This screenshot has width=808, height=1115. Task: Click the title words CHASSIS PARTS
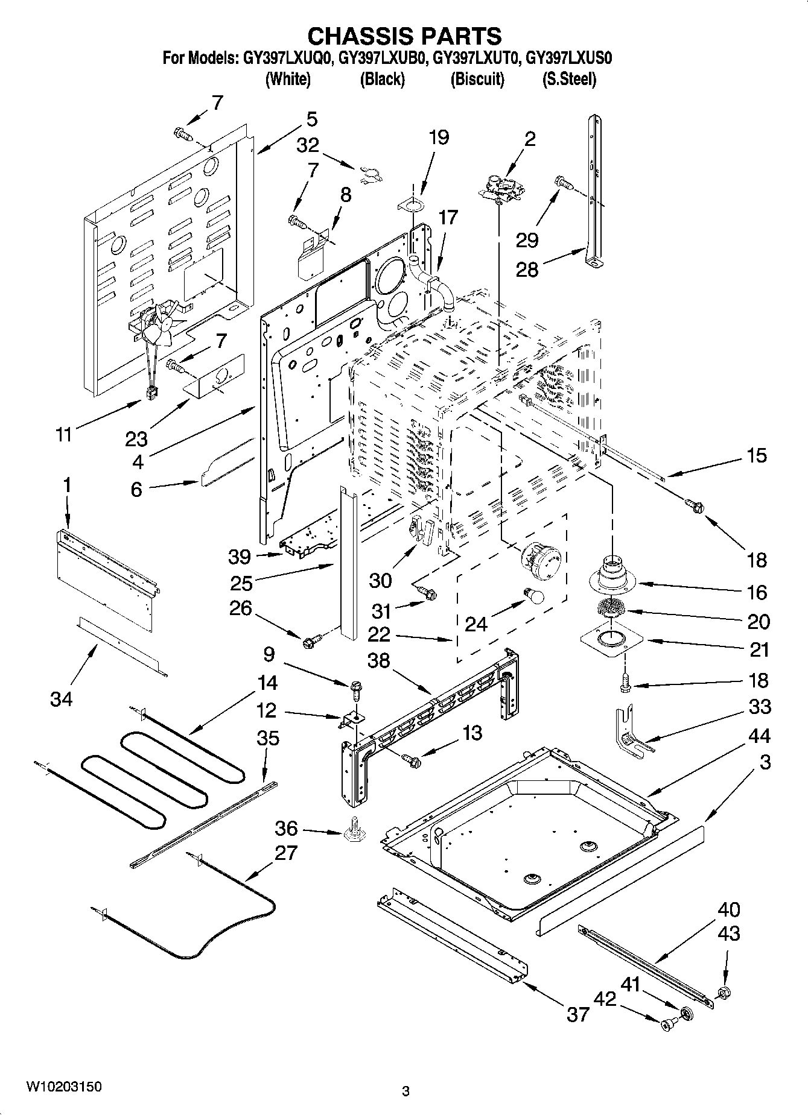[404, 36]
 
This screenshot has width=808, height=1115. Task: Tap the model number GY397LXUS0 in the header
[569, 58]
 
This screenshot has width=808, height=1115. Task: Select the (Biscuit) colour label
[477, 79]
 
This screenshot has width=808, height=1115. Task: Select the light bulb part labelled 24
[534, 595]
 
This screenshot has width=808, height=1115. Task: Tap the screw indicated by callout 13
[412, 761]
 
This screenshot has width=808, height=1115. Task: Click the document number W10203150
[63, 1087]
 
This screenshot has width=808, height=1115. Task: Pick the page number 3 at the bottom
[406, 1090]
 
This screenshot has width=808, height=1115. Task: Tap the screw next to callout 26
[312, 642]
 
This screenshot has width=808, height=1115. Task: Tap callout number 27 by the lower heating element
[285, 853]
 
